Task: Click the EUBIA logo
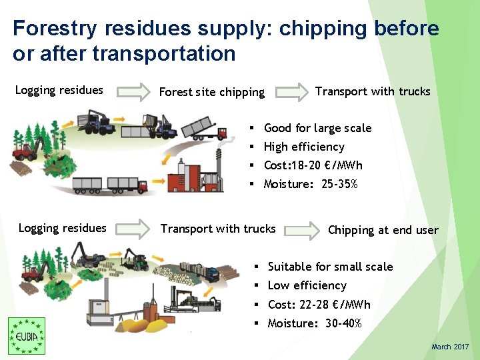27,335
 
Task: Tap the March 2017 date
450,347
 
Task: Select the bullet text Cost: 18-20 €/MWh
313,165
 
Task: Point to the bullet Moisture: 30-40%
314,323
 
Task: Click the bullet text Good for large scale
317,128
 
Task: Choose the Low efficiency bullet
307,285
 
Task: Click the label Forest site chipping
211,92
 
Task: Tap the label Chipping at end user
383,230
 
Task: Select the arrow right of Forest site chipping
292,91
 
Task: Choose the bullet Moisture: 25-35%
311,184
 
